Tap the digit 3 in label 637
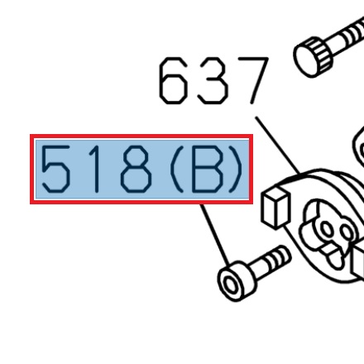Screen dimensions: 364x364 coord(213,81)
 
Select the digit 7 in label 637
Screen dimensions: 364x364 coord(252,80)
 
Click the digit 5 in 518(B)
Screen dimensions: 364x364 coord(55,171)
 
